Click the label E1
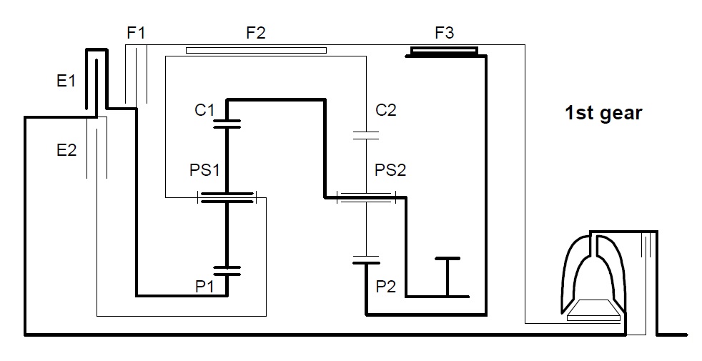pos(66,81)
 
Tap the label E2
pos(66,150)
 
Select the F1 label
pos(136,33)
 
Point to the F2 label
pos(256,33)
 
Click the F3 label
pos(445,33)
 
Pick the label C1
pos(204,110)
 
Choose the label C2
pos(386,110)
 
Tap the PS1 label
pos(204,170)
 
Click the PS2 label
pos(390,170)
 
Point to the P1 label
pos(204,287)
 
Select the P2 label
pos(386,287)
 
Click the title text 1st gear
pos(603,113)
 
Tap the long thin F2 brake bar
pos(256,50)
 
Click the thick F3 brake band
pos(445,52)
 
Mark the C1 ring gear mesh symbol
pos(227,124)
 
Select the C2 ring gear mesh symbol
pos(366,135)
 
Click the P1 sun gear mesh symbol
pos(227,270)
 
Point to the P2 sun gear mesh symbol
pos(366,259)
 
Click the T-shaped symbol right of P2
pos(448,277)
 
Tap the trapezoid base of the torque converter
pos(593,311)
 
